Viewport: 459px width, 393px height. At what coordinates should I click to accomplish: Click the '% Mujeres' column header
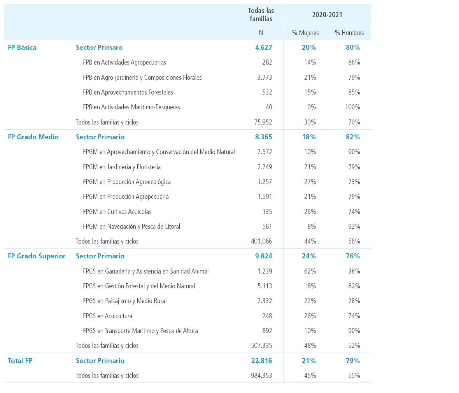[305, 33]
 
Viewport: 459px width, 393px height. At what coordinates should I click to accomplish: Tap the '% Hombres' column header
[349, 33]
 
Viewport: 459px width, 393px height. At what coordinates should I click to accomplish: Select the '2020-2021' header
[327, 15]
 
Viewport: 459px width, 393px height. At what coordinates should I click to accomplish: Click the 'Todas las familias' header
[261, 15]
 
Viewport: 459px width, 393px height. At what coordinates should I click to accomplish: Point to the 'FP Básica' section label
[22, 47]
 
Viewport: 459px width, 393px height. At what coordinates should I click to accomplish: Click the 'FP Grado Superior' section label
[37, 256]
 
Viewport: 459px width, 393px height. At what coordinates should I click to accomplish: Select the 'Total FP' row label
[20, 360]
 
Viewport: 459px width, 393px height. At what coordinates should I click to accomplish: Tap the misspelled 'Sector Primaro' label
[99, 47]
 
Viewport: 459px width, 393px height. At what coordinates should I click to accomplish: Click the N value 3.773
[265, 77]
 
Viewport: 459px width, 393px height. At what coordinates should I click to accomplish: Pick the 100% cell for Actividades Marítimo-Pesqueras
[352, 107]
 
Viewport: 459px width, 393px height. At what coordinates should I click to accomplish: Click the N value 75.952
[263, 122]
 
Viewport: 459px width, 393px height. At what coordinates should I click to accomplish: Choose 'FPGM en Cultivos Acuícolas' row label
[117, 211]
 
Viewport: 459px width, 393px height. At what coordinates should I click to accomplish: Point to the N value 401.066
[261, 241]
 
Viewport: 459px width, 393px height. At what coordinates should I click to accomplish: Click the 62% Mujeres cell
[310, 271]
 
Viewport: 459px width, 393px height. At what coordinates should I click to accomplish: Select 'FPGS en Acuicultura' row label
[107, 316]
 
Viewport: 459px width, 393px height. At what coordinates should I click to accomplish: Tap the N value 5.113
[265, 286]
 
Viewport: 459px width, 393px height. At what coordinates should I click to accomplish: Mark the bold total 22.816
[261, 360]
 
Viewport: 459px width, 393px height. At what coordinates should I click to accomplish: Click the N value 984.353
[261, 375]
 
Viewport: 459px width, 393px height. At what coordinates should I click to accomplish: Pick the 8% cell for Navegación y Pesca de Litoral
[312, 226]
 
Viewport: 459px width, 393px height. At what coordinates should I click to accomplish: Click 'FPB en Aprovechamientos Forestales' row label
[128, 92]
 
